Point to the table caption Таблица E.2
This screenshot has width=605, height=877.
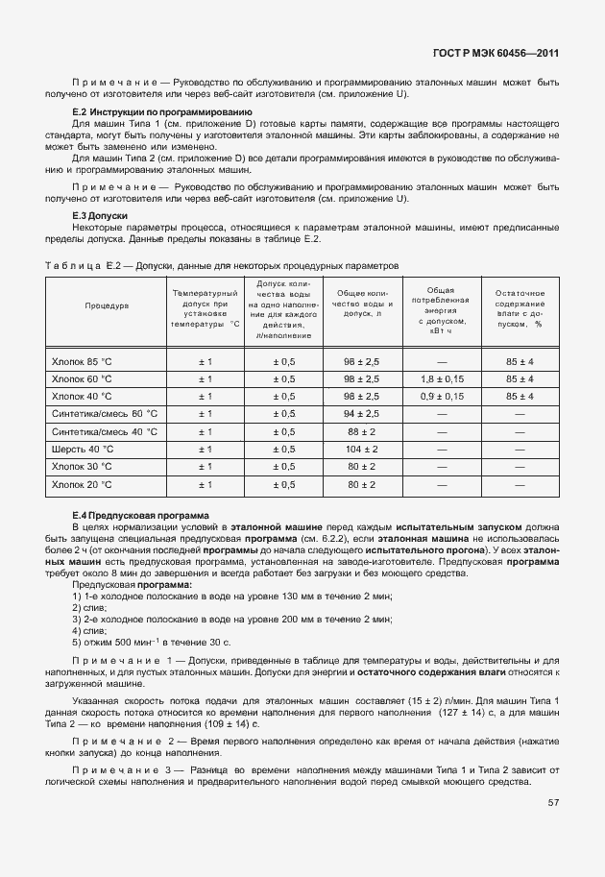(x=221, y=264)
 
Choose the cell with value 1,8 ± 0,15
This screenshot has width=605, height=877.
(x=441, y=379)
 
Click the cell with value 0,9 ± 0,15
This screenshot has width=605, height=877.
(x=441, y=397)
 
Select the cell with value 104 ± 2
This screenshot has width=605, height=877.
(x=362, y=450)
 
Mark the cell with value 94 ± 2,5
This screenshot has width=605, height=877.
(x=362, y=414)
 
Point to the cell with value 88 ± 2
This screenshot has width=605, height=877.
(x=362, y=432)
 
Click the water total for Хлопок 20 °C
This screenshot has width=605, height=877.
(x=362, y=485)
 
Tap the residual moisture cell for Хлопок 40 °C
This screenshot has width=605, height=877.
(x=519, y=397)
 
